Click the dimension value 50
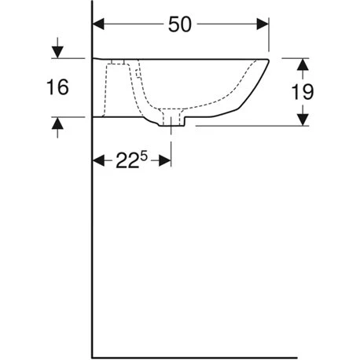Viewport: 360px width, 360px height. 180,24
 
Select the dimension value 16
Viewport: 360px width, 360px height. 57,87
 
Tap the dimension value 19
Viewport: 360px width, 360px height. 303,92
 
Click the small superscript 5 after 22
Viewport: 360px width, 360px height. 144,156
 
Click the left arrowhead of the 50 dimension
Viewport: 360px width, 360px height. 98,24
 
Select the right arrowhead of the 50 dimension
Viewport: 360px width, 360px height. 263,24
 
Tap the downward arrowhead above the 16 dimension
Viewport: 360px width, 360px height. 57,52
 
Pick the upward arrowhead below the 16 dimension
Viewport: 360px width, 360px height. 57,123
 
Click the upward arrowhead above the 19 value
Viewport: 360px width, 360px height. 303,64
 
